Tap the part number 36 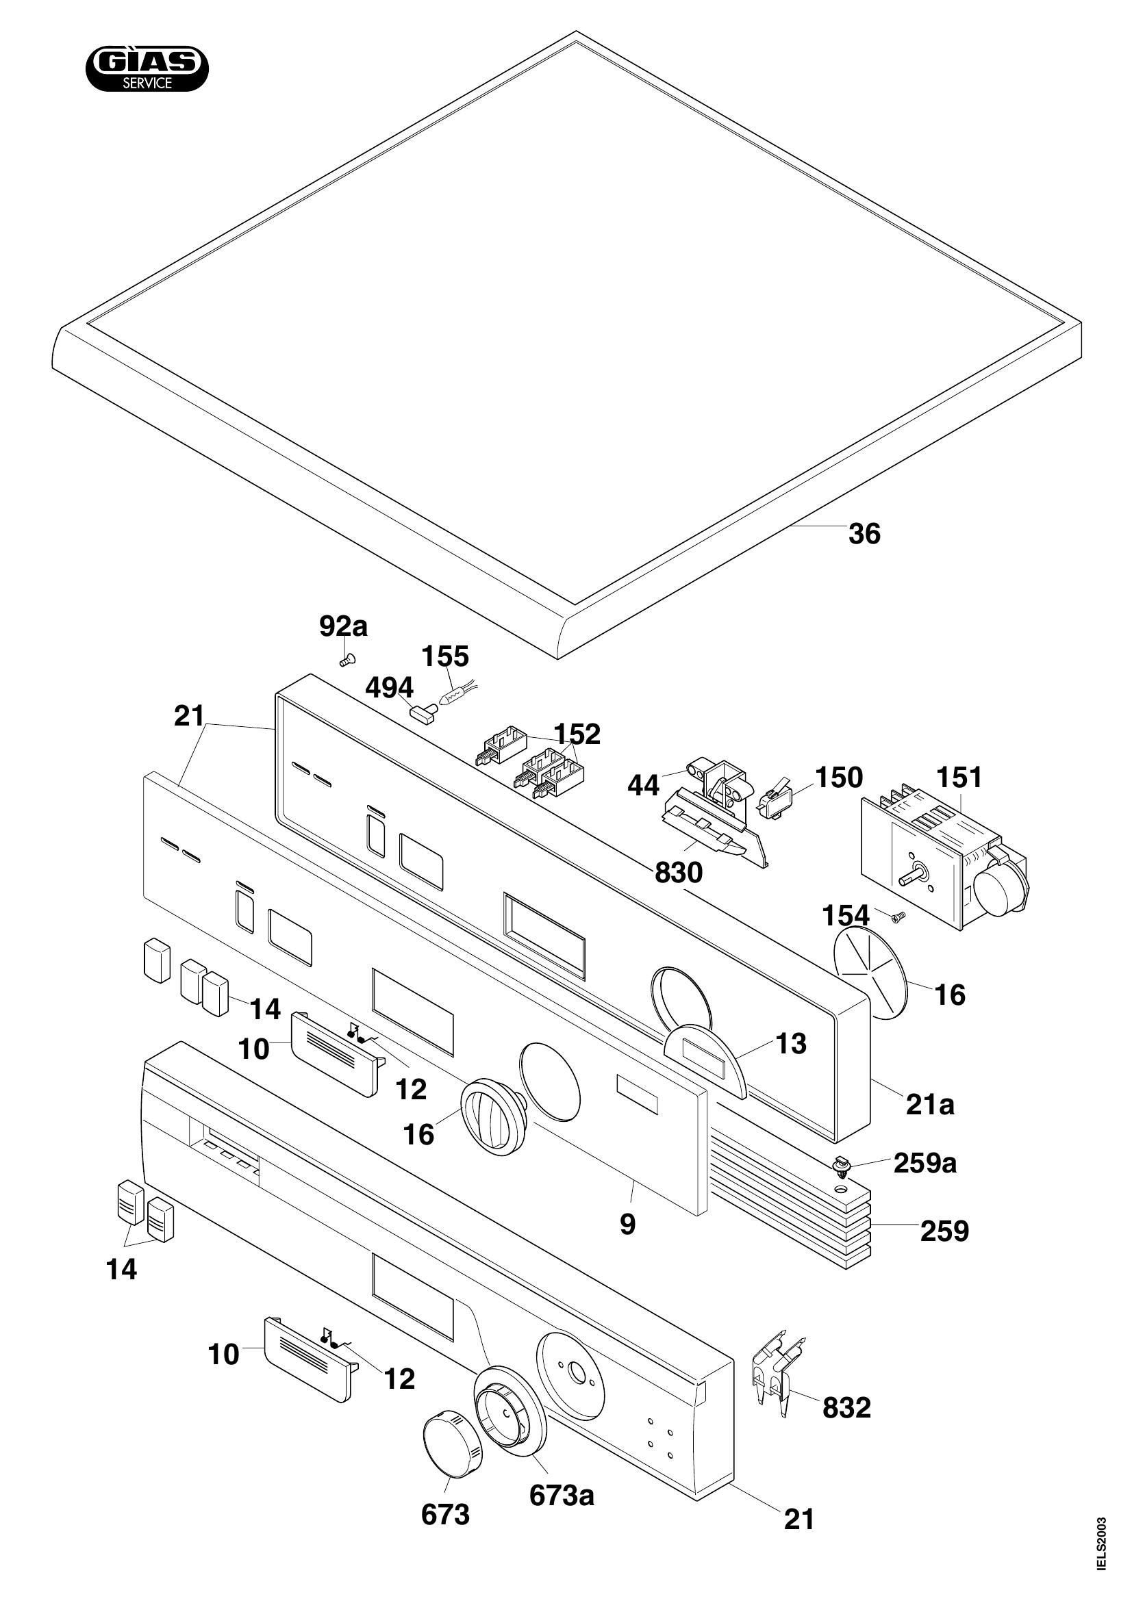(x=864, y=535)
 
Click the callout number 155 (x=445, y=656)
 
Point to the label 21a (x=930, y=1104)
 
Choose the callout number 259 (x=944, y=1231)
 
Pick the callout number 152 (x=577, y=734)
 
